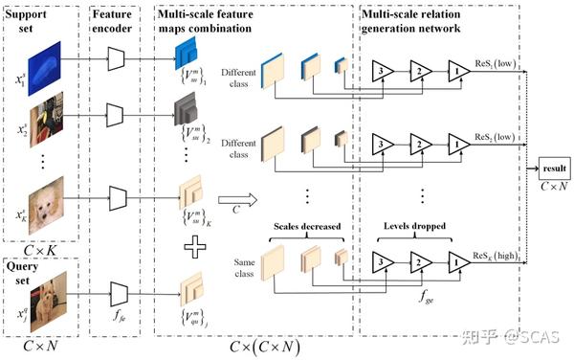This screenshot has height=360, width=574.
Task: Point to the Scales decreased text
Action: pos(298,227)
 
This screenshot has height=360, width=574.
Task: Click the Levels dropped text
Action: pos(414,227)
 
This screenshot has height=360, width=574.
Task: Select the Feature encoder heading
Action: pos(117,19)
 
